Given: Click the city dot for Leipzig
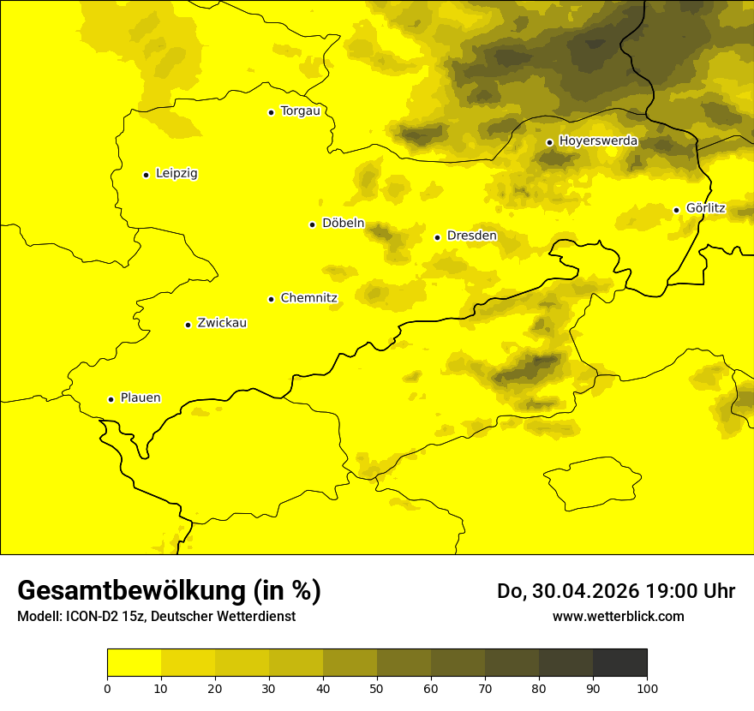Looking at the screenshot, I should (x=147, y=175).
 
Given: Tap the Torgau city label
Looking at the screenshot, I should (x=300, y=111).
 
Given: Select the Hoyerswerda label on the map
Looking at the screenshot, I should (x=598, y=140).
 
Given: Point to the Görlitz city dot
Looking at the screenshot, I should (x=676, y=210).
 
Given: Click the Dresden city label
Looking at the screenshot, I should (x=471, y=236).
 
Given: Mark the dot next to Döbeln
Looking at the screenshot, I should (x=312, y=224).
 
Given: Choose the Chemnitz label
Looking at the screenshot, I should (x=308, y=298).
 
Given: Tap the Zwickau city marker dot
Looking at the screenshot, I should (x=188, y=325).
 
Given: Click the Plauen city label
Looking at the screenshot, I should (x=141, y=398).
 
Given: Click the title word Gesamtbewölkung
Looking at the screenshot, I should (x=131, y=591).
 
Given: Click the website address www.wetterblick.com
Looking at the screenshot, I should (x=618, y=616).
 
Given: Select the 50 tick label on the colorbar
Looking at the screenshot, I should (x=377, y=688).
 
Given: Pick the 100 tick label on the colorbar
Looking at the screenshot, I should (x=647, y=688).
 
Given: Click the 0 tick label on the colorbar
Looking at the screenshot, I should (x=107, y=688).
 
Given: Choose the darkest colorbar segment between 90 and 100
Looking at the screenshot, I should (x=619, y=662).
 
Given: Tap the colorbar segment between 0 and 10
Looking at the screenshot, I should (x=134, y=662).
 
